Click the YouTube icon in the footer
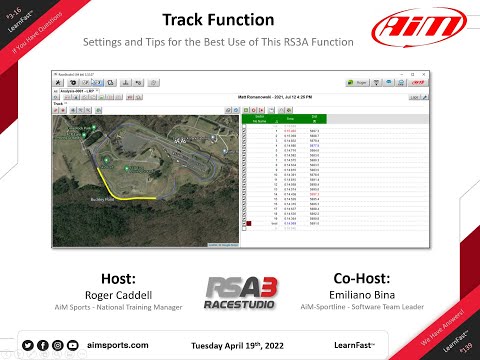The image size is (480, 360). (72, 345)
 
